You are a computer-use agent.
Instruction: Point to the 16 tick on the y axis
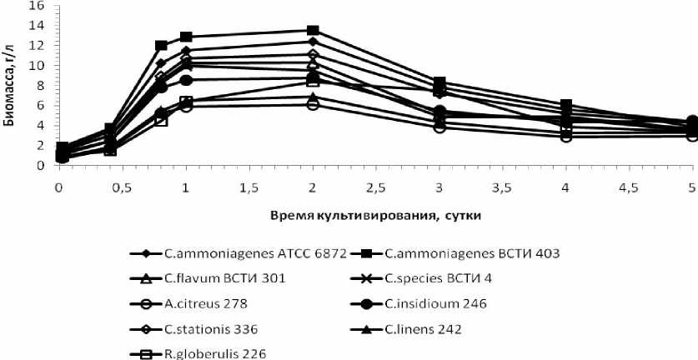click(37, 6)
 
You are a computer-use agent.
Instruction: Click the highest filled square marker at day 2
click(313, 31)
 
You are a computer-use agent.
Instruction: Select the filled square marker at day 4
click(566, 106)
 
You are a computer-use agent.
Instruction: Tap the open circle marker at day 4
click(566, 136)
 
